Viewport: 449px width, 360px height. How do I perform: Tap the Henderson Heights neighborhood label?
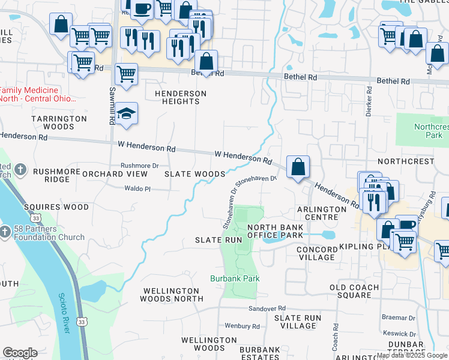(181, 97)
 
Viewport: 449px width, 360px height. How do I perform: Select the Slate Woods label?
(195, 173)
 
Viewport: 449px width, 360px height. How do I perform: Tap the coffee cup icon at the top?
(142, 10)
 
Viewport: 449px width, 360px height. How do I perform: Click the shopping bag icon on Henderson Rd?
(298, 167)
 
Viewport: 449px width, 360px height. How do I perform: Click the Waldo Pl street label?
(137, 188)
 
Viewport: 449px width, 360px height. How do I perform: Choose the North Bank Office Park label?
(276, 232)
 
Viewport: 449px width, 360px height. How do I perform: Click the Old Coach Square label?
(358, 291)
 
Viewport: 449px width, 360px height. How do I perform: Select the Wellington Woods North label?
(172, 295)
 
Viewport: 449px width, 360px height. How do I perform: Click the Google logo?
(20, 353)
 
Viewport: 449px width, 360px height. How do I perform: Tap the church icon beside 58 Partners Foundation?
(5, 231)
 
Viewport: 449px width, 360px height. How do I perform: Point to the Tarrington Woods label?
(59, 122)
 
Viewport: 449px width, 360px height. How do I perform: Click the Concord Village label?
(316, 253)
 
